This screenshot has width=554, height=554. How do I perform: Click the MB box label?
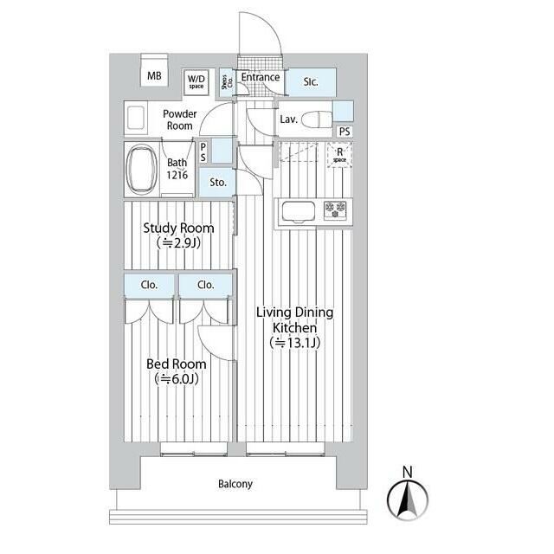[154, 76]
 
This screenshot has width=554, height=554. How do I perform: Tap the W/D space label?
[197, 81]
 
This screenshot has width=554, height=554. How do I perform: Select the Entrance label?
[261, 77]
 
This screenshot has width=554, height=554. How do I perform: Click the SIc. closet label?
[311, 81]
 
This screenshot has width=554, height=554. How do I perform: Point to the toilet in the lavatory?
[318, 119]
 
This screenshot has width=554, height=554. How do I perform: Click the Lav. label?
[288, 119]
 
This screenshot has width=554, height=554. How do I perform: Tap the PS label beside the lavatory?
[345, 132]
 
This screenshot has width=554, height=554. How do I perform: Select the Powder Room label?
[180, 119]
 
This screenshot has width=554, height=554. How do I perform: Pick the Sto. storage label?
[217, 183]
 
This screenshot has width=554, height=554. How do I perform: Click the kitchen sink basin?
[298, 210]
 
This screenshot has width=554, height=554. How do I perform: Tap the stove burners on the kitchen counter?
[334, 209]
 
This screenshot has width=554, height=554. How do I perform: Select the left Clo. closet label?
[148, 284]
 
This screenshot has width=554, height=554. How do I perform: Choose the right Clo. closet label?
[205, 284]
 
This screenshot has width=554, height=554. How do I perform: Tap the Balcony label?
[235, 484]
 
